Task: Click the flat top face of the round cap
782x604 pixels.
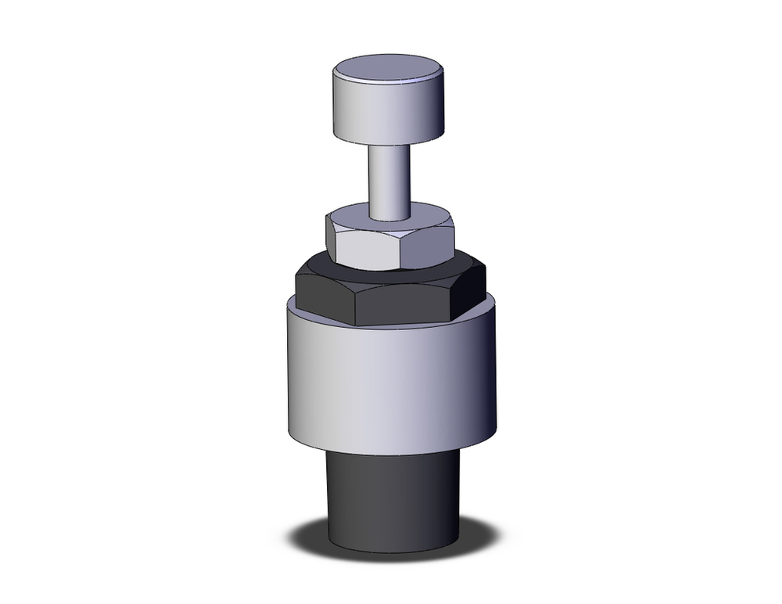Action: pyautogui.click(x=389, y=68)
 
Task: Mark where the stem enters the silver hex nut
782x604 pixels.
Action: pyautogui.click(x=389, y=218)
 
